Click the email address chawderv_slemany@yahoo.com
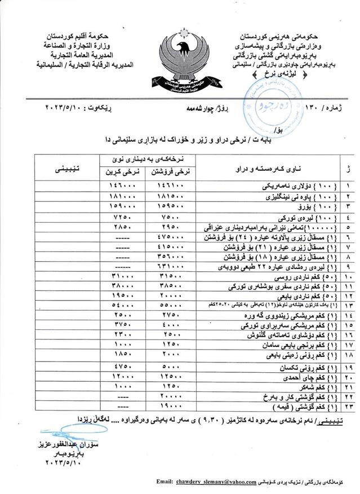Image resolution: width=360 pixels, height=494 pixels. click(223, 483)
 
